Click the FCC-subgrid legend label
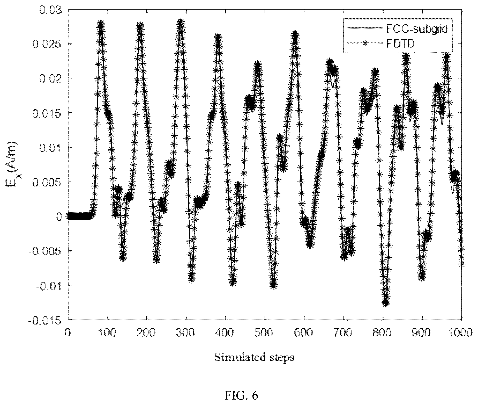pos(417,29)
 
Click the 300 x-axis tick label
pos(186,332)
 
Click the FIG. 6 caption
pos(241,396)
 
